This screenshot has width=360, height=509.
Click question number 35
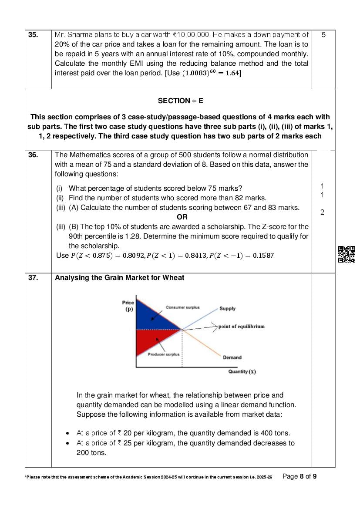[33, 35]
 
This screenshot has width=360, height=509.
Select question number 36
[33, 155]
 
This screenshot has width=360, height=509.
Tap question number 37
[33, 278]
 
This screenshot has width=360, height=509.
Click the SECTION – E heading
[180, 101]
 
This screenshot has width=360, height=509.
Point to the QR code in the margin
[347, 254]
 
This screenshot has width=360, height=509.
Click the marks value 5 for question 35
[323, 35]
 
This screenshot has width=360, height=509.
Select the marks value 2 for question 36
[322, 212]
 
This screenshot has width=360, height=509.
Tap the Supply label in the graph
[227, 309]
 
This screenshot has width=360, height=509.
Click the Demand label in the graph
[232, 357]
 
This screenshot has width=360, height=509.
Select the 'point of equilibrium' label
[241, 326]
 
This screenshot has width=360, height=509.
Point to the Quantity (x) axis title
[242, 372]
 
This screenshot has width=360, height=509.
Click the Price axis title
[128, 303]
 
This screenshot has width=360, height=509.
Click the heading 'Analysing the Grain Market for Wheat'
[119, 278]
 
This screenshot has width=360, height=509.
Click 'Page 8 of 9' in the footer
[299, 477]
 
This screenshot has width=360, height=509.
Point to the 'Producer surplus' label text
[163, 354]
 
